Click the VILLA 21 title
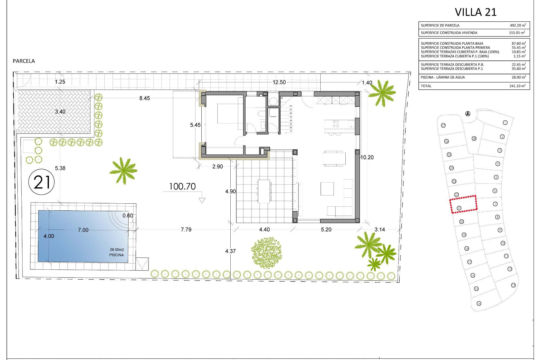click(x=476, y=12)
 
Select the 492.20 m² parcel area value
click(x=517, y=25)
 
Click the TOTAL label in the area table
click(x=426, y=86)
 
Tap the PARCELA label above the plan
click(x=24, y=61)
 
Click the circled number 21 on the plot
click(x=42, y=182)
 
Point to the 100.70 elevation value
click(x=182, y=186)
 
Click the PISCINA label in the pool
click(x=116, y=255)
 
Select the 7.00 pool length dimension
click(x=83, y=230)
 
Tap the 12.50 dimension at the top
click(x=279, y=82)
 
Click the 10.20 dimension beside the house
click(x=367, y=157)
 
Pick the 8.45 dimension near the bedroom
click(x=145, y=98)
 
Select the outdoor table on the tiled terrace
click(x=264, y=191)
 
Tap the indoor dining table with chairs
click(x=334, y=158)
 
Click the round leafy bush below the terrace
click(x=266, y=253)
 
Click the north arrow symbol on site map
click(x=468, y=114)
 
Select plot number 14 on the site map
click(x=479, y=303)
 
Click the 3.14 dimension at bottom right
click(x=380, y=229)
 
